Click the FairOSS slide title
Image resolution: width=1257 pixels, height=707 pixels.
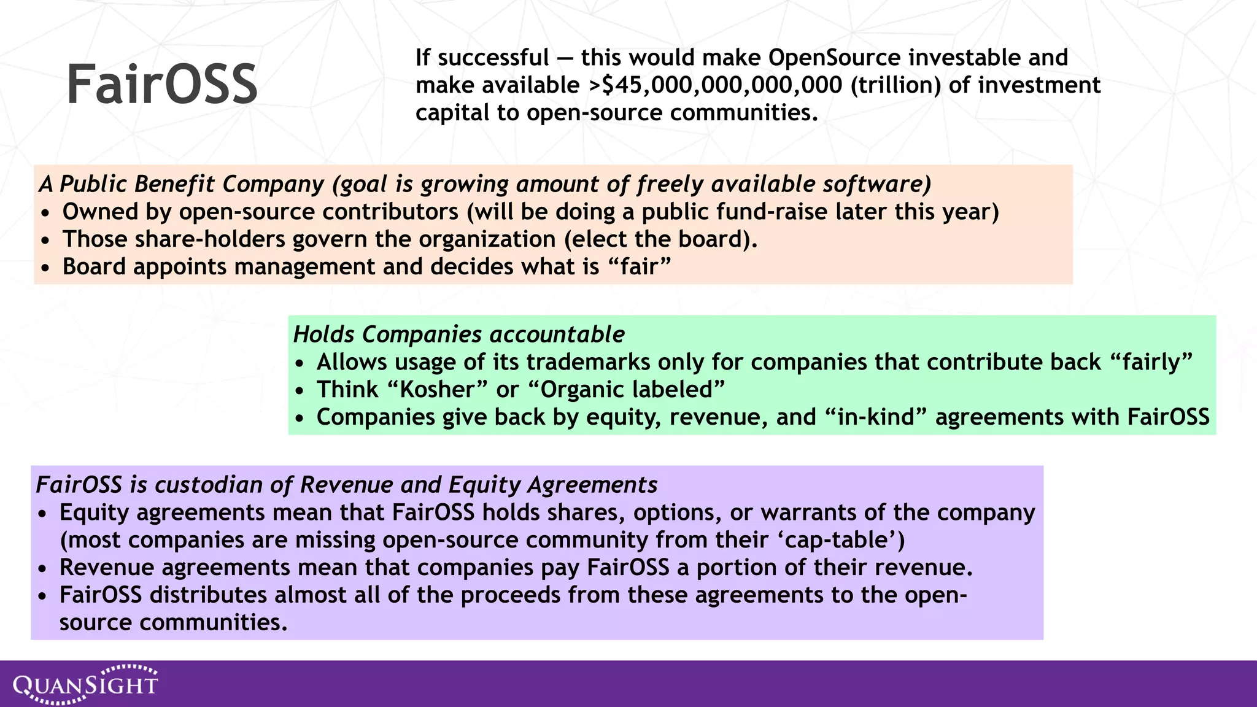[x=161, y=84]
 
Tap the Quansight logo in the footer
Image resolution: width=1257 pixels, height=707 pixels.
[x=86, y=684]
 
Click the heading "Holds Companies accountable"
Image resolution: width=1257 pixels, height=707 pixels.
[x=458, y=334]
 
